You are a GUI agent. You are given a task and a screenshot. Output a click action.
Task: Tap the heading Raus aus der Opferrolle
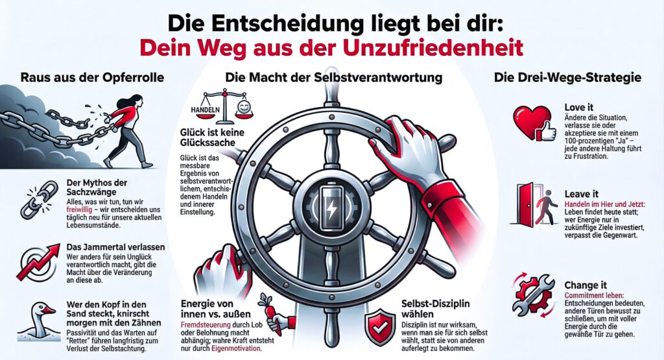pyautogui.click(x=92, y=77)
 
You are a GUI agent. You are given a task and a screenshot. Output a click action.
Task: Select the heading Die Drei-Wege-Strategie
pyautogui.click(x=567, y=77)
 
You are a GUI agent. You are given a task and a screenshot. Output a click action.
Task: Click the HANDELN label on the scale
pyautogui.click(x=206, y=109)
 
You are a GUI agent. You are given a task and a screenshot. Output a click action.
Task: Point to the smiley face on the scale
pyautogui.click(x=243, y=107)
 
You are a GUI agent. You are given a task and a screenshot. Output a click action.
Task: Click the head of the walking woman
pyautogui.click(x=135, y=103)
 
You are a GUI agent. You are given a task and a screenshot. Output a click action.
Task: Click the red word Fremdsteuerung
pyautogui.click(x=206, y=325)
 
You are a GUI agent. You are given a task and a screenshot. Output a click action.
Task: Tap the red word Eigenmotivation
pyautogui.click(x=236, y=348)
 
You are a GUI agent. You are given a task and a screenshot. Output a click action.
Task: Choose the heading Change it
pyautogui.click(x=586, y=285)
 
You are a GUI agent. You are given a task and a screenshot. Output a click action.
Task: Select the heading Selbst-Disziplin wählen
pyautogui.click(x=435, y=309)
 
